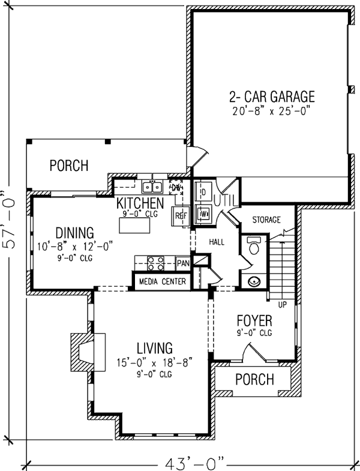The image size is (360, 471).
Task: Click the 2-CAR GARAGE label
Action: (x=271, y=97)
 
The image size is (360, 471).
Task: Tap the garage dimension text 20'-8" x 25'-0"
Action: (x=271, y=111)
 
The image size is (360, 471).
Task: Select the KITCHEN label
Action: (x=140, y=203)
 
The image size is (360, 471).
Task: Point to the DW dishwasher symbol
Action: (x=176, y=188)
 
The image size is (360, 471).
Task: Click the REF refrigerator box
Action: (x=179, y=217)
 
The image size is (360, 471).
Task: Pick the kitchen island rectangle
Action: (x=134, y=225)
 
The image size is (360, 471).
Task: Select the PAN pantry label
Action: (x=182, y=263)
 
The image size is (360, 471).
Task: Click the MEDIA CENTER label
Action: (x=161, y=281)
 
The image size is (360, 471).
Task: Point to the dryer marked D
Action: (x=203, y=191)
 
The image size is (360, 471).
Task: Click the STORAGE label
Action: (x=266, y=220)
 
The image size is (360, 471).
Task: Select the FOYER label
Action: (x=254, y=320)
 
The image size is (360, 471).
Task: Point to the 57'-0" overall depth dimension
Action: (x=7, y=227)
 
